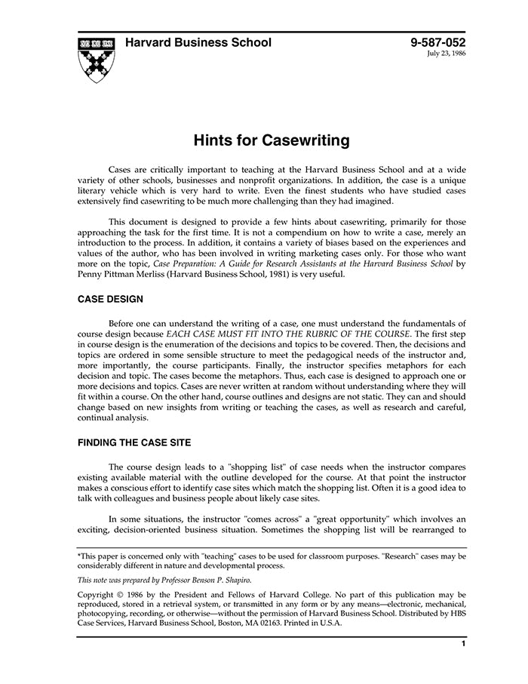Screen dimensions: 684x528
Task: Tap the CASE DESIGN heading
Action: click(x=110, y=299)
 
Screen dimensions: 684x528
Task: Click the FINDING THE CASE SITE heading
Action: click(x=134, y=442)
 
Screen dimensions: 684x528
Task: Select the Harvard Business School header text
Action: click(x=198, y=43)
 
